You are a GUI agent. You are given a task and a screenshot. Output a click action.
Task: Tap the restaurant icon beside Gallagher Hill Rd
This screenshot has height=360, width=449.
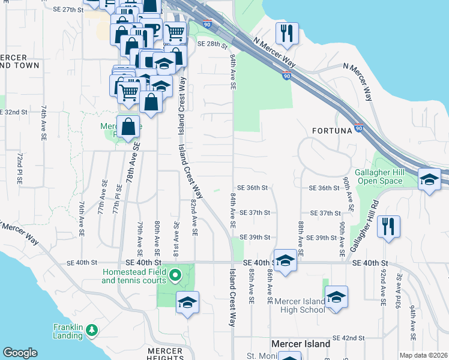pos(389,227)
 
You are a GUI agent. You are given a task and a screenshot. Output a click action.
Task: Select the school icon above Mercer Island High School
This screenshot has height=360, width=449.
pos(336,296)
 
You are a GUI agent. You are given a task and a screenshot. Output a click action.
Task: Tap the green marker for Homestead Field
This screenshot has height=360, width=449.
pos(175,276)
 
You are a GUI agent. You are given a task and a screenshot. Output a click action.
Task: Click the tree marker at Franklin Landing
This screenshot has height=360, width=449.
pos(91,330)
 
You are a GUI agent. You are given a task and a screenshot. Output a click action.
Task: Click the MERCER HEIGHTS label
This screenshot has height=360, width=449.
pos(165,354)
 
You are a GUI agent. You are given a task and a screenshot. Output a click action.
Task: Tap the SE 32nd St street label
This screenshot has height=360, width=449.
pos(14,112)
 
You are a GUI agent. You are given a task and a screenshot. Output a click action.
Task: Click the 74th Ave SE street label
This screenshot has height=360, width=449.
pos(44,124)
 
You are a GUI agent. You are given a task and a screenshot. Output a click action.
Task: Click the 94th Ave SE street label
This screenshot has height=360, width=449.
pos(413,320)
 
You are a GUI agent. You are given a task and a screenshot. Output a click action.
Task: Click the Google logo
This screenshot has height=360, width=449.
pos(20,353)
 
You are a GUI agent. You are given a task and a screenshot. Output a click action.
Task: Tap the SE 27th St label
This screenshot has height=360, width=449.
pos(68,10)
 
